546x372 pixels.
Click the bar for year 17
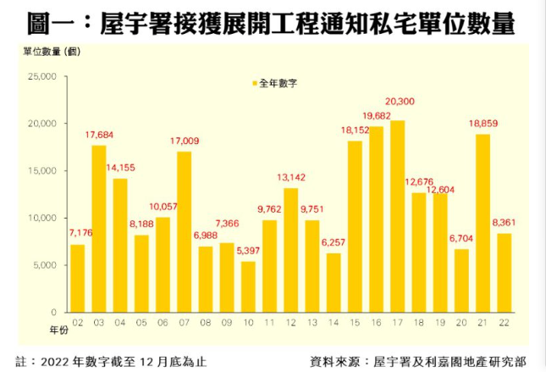pyautogui.click(x=397, y=216)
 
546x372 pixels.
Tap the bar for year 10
pyautogui.click(x=248, y=286)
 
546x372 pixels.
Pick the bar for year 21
pyautogui.click(x=483, y=223)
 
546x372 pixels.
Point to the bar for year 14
pyautogui.click(x=334, y=282)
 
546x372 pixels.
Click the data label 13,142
pyautogui.click(x=290, y=177)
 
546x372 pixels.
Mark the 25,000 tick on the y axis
pyautogui.click(x=41, y=76)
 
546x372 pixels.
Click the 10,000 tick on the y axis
pyautogui.click(x=41, y=218)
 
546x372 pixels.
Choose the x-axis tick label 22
pyautogui.click(x=504, y=323)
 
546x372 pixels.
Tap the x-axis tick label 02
pyautogui.click(x=77, y=323)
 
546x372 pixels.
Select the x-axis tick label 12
pyautogui.click(x=290, y=323)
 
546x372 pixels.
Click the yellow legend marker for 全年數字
pyautogui.click(x=253, y=84)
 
